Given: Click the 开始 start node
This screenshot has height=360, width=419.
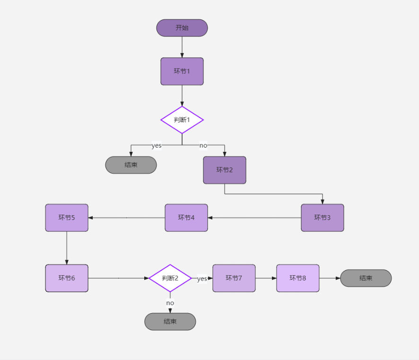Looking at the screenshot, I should (182, 28).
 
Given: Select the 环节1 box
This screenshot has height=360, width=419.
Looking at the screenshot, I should (182, 71).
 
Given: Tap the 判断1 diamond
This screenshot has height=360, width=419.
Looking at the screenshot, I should (182, 120).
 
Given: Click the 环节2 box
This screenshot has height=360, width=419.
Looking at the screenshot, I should (225, 170).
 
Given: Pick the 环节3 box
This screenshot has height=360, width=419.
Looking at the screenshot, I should (323, 218).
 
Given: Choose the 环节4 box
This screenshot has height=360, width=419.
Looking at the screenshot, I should (186, 218).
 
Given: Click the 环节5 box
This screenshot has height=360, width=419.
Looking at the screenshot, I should (67, 218).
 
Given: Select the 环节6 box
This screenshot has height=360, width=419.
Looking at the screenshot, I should (67, 278).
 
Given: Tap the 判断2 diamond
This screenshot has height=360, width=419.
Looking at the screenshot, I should (170, 278).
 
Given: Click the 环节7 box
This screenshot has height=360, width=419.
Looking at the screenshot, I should (234, 278).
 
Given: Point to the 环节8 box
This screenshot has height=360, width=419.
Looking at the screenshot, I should (298, 278).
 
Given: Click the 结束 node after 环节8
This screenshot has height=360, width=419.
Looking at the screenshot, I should (366, 278).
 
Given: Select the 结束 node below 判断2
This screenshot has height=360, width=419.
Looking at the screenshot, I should (170, 322).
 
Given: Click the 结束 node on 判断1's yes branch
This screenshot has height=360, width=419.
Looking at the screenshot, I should (131, 165).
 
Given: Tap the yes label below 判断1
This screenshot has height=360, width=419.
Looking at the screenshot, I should (157, 146).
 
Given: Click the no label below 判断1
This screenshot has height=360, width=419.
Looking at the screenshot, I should (203, 145).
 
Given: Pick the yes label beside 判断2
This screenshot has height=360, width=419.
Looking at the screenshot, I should (202, 279).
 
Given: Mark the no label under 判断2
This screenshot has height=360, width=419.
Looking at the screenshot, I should (170, 303).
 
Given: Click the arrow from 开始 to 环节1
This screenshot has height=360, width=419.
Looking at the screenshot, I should (182, 47).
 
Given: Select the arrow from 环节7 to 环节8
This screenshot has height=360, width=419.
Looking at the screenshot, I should (266, 278).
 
